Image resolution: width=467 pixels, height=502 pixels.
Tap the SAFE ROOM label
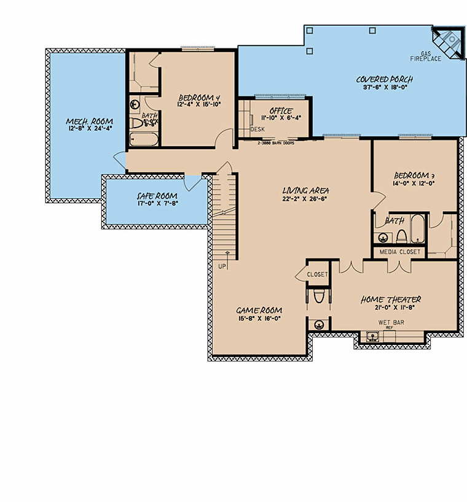coord(157,196)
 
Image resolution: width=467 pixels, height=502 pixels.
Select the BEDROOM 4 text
coord(200,98)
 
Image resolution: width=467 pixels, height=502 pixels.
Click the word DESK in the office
coord(257,130)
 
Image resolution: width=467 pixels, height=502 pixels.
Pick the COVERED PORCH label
coord(384,80)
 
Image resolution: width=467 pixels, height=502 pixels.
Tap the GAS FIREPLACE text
coord(426,56)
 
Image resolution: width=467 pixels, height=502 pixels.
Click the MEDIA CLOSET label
coord(400,252)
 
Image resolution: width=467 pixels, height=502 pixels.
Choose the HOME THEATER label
coord(391,299)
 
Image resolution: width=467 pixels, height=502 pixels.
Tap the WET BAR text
coord(390,322)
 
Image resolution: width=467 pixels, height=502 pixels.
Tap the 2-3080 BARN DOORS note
coord(275,142)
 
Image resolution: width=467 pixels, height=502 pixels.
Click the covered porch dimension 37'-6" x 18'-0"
coord(384,88)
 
